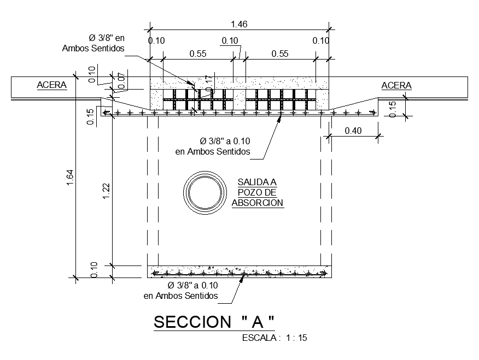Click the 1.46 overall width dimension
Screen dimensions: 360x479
pos(239,24)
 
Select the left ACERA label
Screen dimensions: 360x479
pos(51,85)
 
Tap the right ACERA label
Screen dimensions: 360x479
pos(396,85)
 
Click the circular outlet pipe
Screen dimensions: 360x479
pos(205,192)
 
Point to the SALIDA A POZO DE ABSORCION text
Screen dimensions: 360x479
pos(257,192)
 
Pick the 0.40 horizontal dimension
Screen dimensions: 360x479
pos(353,131)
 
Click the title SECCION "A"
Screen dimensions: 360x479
pos(213,322)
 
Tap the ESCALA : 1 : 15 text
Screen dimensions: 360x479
pos(274,338)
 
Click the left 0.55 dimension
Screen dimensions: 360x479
pos(198,54)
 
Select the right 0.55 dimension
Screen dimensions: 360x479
pos(280,54)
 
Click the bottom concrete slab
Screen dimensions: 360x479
pos(240,272)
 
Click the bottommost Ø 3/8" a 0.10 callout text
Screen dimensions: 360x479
pos(181,291)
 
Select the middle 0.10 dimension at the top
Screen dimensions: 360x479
pos(230,40)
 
